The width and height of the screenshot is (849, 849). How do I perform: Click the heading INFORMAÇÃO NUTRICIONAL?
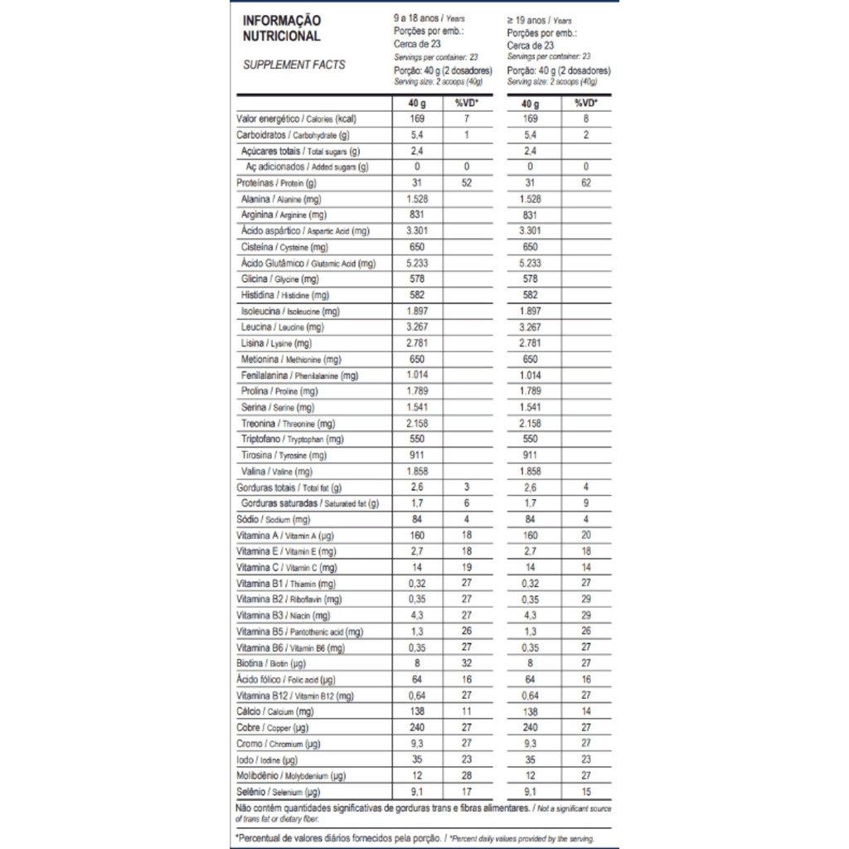(x=281, y=28)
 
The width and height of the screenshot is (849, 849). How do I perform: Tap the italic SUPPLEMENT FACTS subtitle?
(x=294, y=65)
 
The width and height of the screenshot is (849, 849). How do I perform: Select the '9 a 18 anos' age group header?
(x=428, y=17)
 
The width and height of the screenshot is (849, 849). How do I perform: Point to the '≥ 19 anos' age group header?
(x=540, y=18)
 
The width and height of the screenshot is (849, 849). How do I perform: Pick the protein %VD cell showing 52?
(x=467, y=183)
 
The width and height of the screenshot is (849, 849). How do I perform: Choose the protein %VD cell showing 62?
(x=585, y=183)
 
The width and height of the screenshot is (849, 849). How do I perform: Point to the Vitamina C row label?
(x=286, y=568)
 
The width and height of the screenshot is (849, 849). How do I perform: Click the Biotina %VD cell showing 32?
(x=467, y=663)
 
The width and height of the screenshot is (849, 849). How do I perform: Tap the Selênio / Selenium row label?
(x=278, y=792)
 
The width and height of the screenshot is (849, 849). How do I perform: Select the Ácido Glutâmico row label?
(x=308, y=264)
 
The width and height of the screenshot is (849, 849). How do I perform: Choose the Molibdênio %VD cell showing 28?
(x=467, y=776)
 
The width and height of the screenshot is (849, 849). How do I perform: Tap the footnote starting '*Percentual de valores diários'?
(x=415, y=838)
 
